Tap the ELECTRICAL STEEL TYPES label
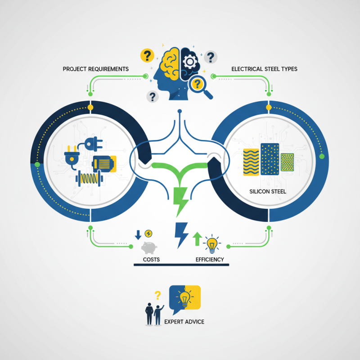[x=264, y=69]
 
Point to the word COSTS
[x=151, y=260]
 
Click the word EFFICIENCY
[x=210, y=260]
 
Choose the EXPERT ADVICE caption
[x=184, y=322]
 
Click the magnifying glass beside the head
[x=201, y=86]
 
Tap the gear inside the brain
[x=190, y=61]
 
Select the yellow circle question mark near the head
[x=147, y=56]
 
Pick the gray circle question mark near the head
[x=210, y=57]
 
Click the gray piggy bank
[x=149, y=247]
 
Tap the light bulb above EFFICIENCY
[x=211, y=243]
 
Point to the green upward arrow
[x=197, y=239]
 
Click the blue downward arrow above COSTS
[x=138, y=235]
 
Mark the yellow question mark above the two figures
[x=157, y=295]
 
